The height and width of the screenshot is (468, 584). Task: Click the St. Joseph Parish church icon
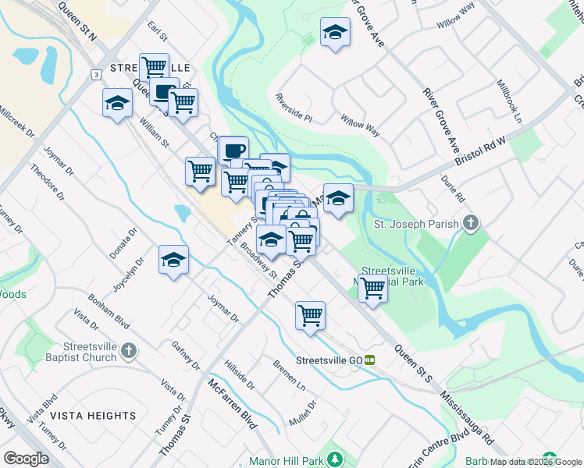(x=470, y=224)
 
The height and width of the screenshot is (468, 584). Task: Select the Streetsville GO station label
(x=329, y=360)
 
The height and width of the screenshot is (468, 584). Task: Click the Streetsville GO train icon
(x=370, y=360)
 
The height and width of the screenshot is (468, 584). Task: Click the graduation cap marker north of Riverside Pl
(x=335, y=34)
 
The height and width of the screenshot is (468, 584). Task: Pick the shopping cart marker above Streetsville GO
(x=311, y=316)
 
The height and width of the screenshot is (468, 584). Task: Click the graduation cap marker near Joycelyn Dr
(x=173, y=260)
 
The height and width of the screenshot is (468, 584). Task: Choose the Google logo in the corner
(x=26, y=458)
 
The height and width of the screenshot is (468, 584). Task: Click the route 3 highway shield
(x=95, y=74)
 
